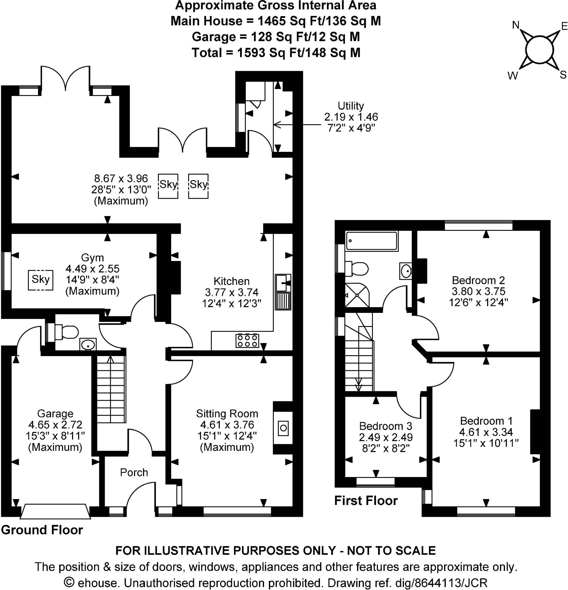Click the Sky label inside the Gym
(41, 279)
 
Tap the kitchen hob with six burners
(247, 341)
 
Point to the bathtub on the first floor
(371, 241)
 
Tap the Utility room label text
(350, 106)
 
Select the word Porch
(134, 472)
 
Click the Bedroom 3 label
(386, 426)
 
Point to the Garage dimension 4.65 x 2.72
(55, 424)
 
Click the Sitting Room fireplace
(283, 428)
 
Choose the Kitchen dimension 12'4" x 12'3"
(231, 303)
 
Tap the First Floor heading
(366, 501)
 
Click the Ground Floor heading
(42, 530)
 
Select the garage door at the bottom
(55, 512)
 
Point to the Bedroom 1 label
(486, 421)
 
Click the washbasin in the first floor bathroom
(406, 271)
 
